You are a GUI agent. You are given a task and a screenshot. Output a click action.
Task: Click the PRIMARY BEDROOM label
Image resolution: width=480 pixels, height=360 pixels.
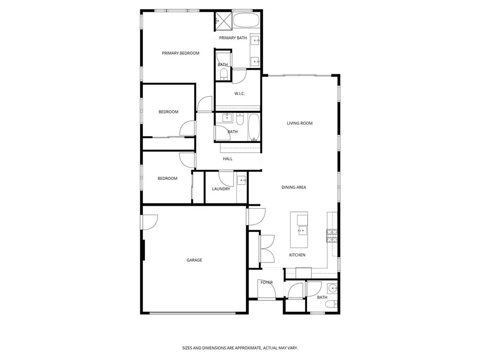tap(180, 53)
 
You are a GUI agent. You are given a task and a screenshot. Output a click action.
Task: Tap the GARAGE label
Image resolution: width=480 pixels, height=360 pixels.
tap(194, 260)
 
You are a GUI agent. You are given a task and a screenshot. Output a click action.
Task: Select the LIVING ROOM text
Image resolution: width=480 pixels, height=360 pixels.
tap(300, 123)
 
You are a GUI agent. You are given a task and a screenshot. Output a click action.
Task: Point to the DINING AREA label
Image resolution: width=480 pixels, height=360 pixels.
tap(293, 187)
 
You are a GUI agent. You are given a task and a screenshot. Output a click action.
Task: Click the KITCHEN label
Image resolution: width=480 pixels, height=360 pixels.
tap(297, 255)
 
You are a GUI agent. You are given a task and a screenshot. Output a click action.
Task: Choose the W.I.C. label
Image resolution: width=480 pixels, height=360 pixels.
tap(240, 94)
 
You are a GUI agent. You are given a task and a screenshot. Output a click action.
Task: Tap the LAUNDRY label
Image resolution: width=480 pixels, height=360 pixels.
tap(221, 189)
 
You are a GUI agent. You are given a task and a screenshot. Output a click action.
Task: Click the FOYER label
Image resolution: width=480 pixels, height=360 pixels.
tap(267, 283)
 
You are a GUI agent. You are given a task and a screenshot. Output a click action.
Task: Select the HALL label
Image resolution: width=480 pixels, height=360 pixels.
tap(228, 159)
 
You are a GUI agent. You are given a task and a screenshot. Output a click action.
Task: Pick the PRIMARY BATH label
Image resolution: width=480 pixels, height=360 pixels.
tap(233, 38)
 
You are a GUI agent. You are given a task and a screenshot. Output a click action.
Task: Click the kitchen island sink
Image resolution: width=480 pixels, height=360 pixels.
tap(302, 230)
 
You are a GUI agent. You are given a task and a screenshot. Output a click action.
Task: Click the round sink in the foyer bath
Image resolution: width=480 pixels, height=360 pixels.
tap(332, 288)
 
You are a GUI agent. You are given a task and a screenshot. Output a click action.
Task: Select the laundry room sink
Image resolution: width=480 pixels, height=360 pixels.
tap(241, 180)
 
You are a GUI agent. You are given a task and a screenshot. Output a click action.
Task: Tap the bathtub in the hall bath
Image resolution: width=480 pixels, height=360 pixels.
tap(254, 127)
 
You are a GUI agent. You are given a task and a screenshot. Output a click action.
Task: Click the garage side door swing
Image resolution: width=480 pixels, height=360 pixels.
tap(150, 221)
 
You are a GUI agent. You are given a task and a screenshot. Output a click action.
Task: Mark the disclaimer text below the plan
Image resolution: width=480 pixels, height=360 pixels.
tap(240, 348)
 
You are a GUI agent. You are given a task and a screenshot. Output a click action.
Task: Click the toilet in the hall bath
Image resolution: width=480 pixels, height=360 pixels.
tap(240, 120)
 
